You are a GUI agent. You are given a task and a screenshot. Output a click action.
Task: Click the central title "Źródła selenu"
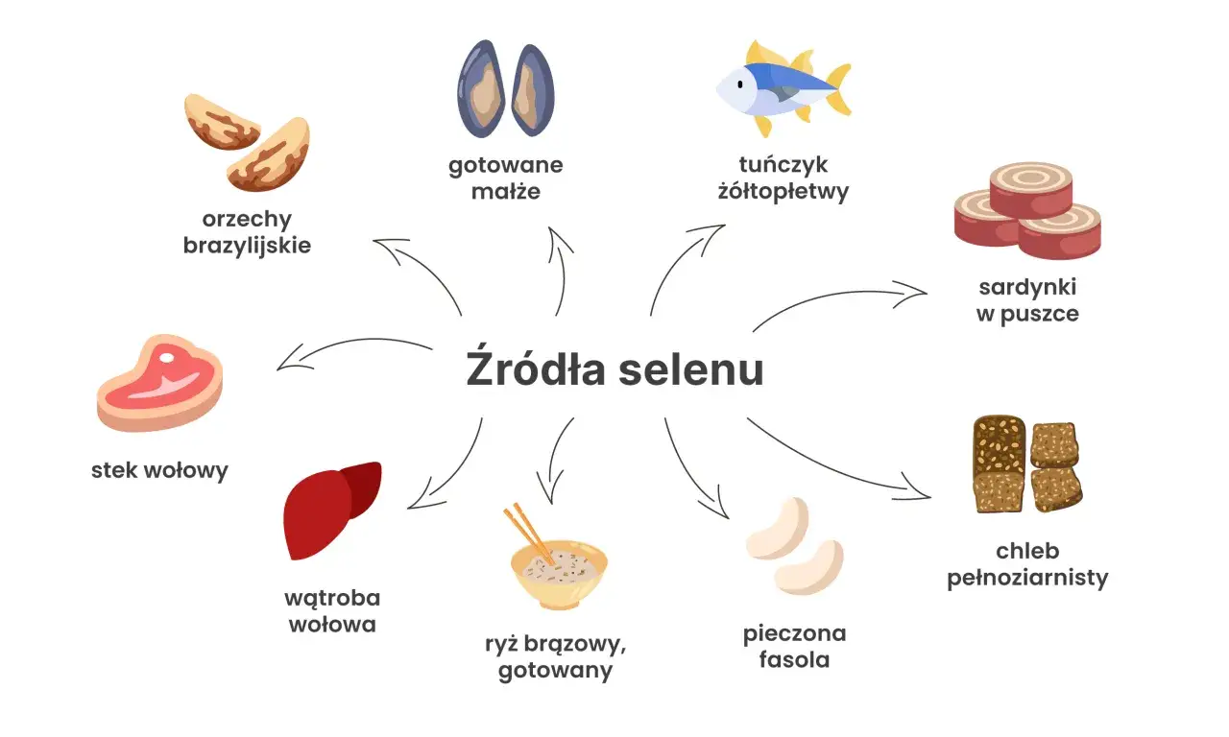coord(614,370)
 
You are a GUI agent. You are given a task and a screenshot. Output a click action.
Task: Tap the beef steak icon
coord(159,384)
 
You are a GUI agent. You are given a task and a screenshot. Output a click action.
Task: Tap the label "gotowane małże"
coord(506,178)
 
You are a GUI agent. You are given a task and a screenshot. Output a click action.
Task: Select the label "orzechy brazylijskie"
coord(247,231)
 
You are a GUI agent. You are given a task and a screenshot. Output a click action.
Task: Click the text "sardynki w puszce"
coord(1027,299)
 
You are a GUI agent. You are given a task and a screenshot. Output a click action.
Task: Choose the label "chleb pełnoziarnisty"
coord(1027,564)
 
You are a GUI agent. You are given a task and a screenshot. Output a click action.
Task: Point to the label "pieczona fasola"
coord(794,646)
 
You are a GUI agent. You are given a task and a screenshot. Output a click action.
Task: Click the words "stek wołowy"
coord(159,470)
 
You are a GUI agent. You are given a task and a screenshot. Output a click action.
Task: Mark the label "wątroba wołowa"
coord(332,611)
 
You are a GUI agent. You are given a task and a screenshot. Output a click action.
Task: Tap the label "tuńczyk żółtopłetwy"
coord(783,178)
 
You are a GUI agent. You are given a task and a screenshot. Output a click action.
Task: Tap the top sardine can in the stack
coord(1031,188)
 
